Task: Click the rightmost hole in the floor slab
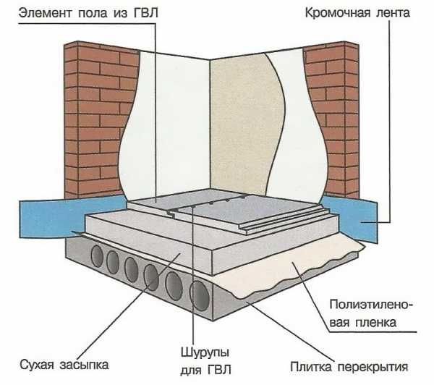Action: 199,295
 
